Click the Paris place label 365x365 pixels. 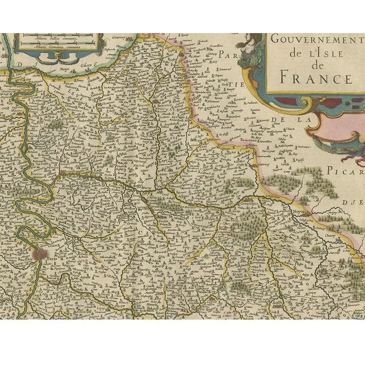click(x=53, y=258)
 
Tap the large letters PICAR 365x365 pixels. click(x=346, y=171)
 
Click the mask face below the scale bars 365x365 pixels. click(x=57, y=55)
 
